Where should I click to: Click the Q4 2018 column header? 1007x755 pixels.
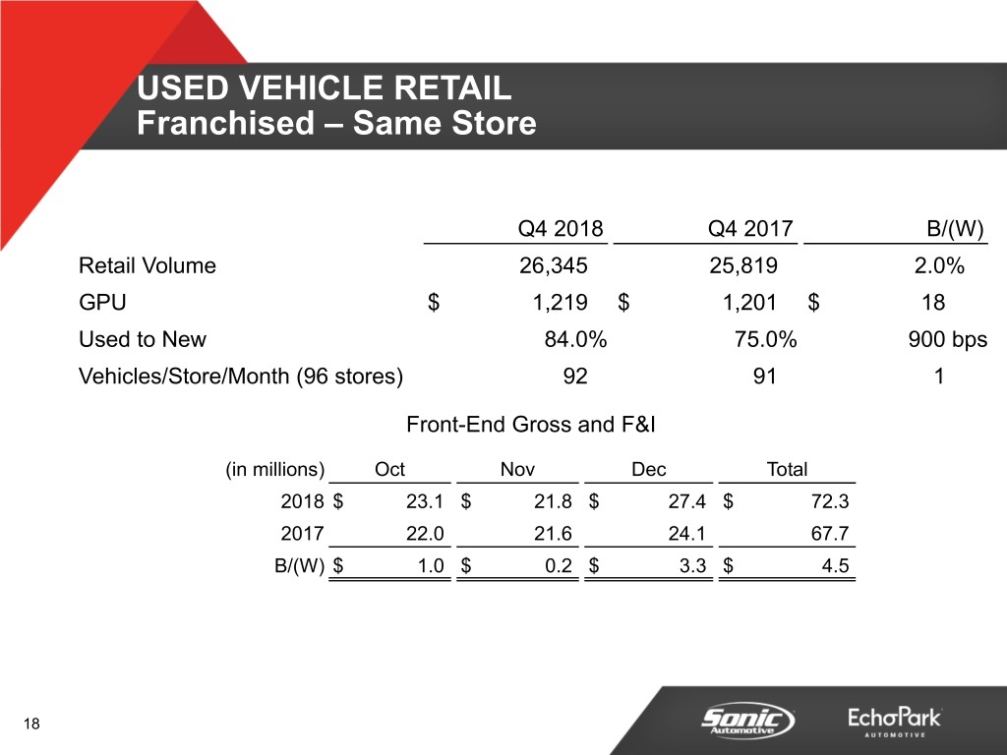click(560, 228)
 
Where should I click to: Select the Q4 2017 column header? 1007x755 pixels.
click(750, 228)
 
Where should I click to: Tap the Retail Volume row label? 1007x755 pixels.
click(148, 265)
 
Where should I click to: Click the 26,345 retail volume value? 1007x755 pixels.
click(553, 265)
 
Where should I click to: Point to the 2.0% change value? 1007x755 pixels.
click(939, 265)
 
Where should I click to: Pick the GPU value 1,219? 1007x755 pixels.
click(560, 303)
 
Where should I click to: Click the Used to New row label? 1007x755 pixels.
click(142, 339)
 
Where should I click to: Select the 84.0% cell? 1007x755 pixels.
click(575, 339)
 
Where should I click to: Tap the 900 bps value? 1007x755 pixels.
click(947, 339)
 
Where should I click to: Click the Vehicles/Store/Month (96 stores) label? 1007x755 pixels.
click(241, 376)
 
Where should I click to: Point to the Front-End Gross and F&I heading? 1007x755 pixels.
click(530, 425)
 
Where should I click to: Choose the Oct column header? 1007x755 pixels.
click(389, 469)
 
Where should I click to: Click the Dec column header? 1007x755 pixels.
click(648, 469)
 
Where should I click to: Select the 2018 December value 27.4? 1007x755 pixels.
click(686, 500)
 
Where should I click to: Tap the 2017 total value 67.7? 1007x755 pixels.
click(830, 534)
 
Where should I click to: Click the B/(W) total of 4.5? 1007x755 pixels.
click(835, 565)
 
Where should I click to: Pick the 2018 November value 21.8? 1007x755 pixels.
click(553, 500)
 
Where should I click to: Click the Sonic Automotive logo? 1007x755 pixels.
click(747, 720)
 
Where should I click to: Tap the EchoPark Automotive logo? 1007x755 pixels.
click(895, 721)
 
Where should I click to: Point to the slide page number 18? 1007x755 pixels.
click(31, 725)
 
